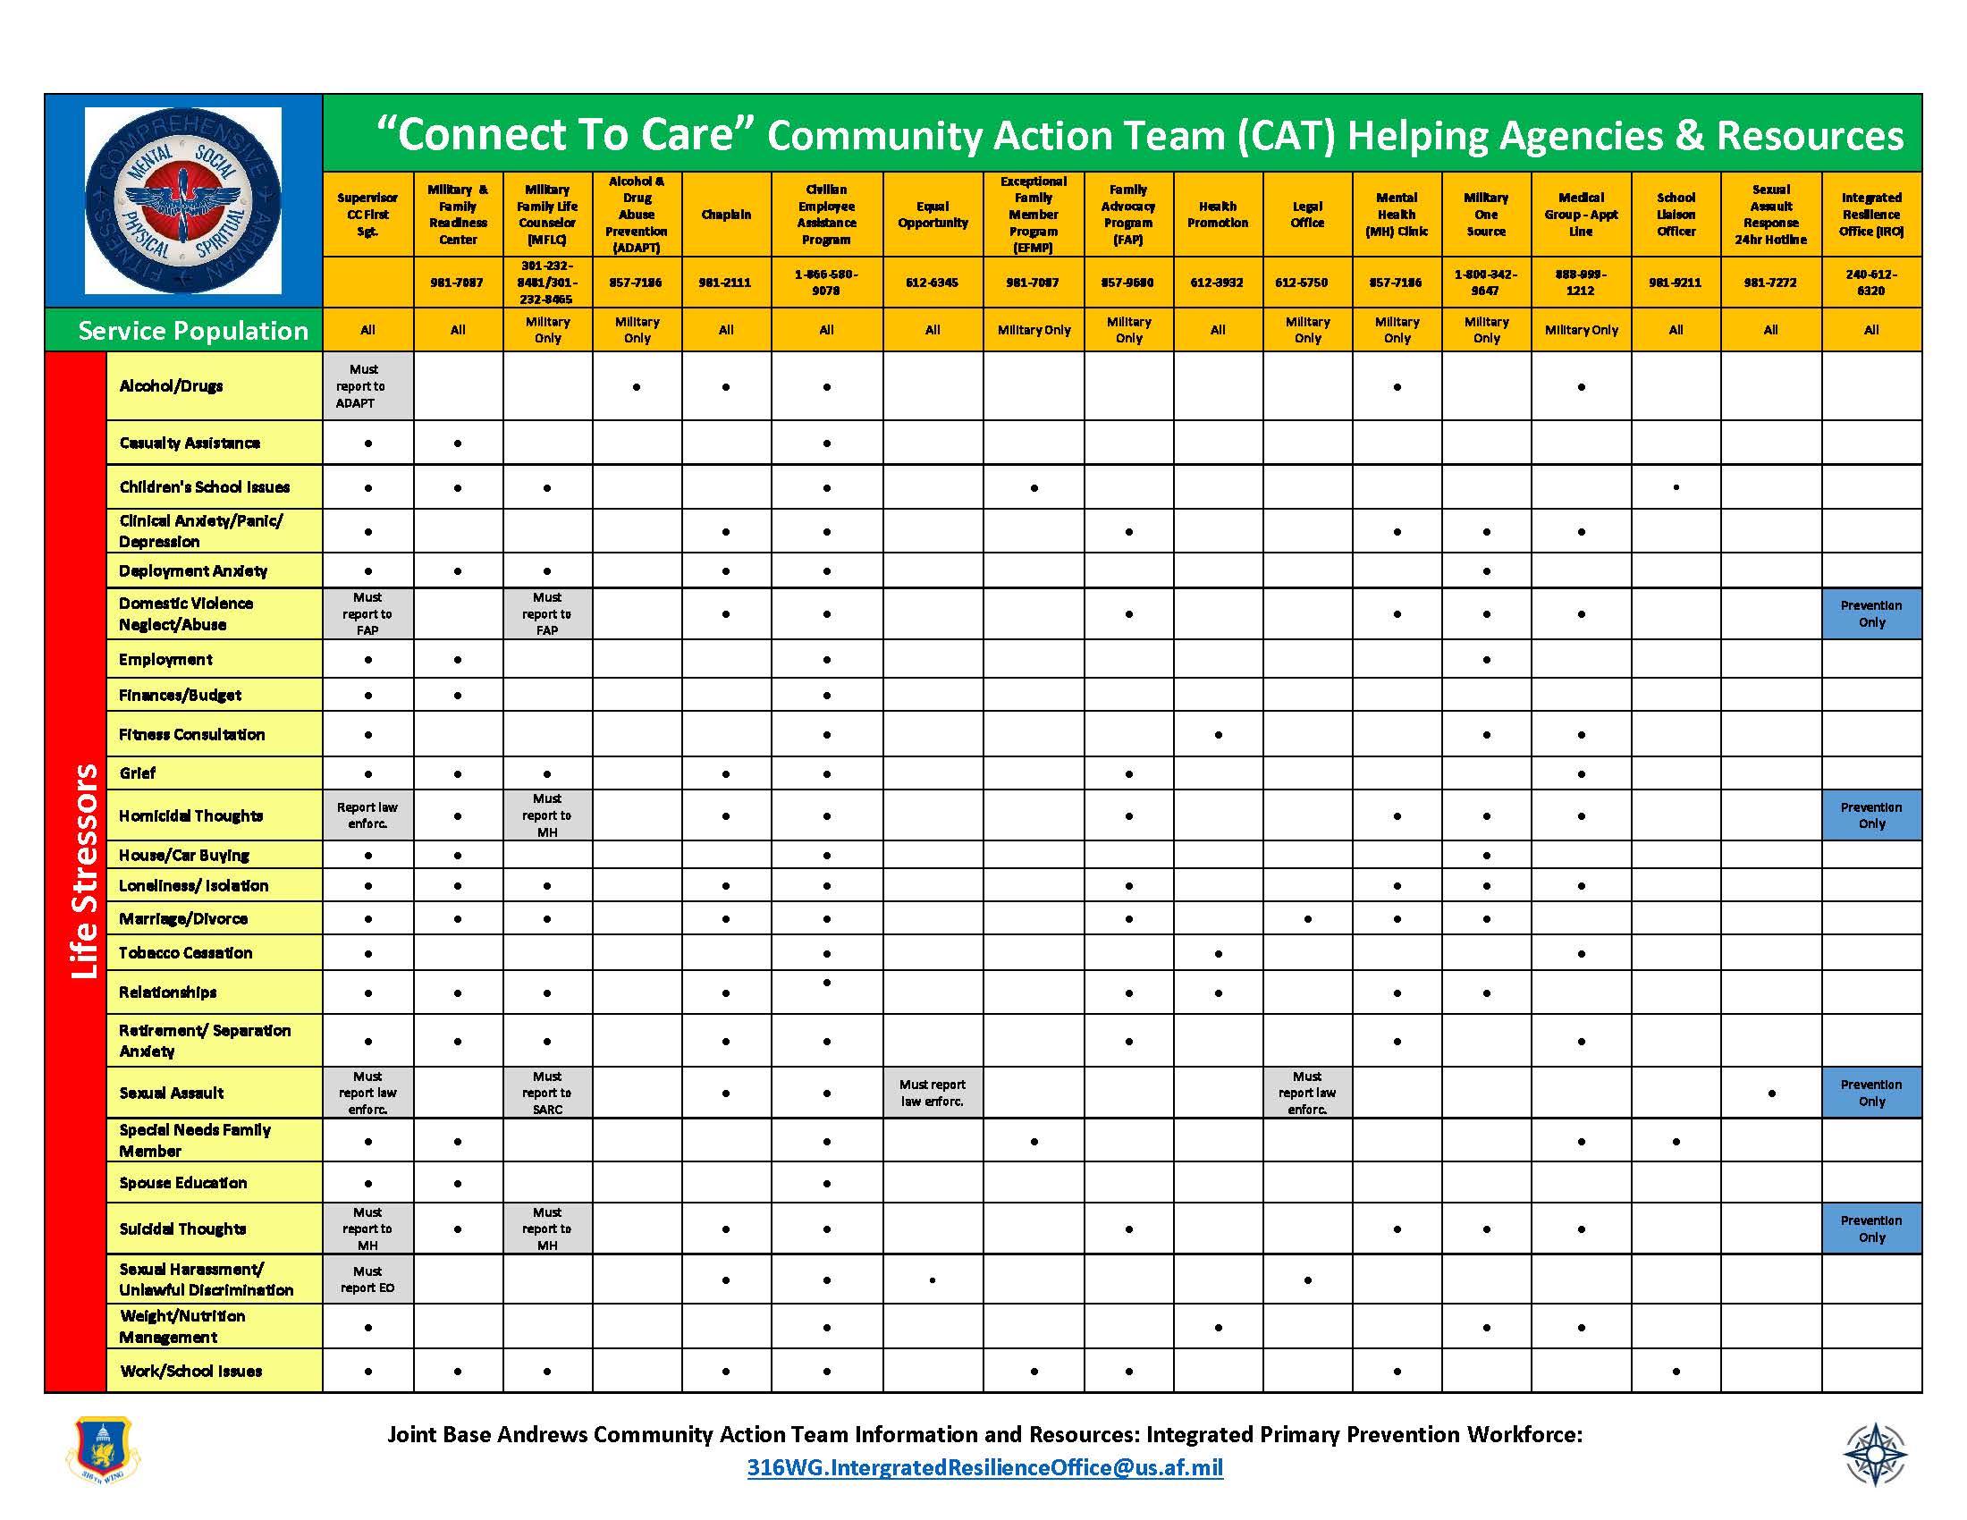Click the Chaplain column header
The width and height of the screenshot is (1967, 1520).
726,215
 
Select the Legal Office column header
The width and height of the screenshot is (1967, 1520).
1307,215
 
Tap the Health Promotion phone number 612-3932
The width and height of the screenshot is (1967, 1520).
1217,282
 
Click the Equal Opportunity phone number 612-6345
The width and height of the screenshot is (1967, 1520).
933,282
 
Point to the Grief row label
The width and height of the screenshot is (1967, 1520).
138,773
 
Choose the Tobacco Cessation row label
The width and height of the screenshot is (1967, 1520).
186,953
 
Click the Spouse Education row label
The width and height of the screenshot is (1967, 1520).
182,1182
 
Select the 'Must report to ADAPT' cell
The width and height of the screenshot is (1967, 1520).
367,385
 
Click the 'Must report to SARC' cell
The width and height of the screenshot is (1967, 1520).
546,1093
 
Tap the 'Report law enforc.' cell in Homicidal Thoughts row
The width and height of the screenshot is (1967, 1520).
367,815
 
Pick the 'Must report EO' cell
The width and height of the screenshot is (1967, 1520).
367,1279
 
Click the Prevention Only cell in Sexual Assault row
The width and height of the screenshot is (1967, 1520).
1870,1093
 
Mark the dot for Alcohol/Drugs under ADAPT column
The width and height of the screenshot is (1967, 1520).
637,387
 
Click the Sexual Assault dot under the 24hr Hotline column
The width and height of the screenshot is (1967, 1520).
1770,1094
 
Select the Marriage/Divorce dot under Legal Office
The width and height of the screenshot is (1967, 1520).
1307,919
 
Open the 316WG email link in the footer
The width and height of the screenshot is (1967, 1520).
984,1468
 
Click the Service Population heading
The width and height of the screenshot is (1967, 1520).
193,331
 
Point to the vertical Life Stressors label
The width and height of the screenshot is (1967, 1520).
84,871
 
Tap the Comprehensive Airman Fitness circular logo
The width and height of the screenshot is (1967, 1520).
182,200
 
